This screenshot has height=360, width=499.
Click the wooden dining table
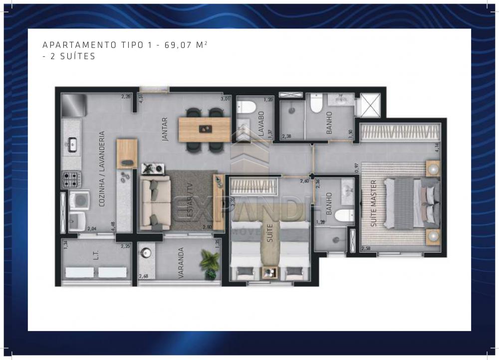[205, 129]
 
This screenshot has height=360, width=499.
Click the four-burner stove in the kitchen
[71, 178]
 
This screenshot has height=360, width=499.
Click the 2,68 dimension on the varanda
[144, 276]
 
